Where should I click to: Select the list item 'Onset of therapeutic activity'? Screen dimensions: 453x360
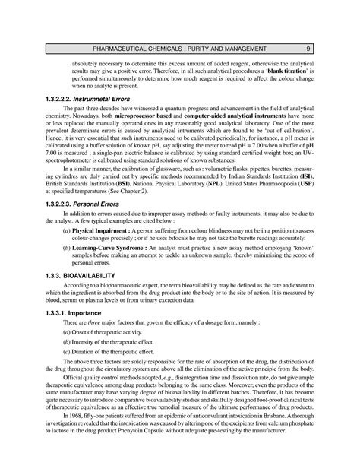tap(101, 332)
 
